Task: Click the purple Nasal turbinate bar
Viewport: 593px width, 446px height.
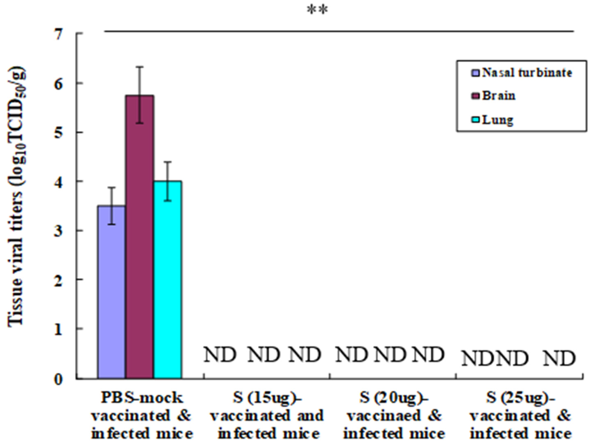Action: (111, 292)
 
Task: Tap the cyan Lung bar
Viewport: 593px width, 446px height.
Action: (168, 280)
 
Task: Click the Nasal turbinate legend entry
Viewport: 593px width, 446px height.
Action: (521, 73)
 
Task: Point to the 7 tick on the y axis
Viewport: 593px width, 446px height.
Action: (59, 34)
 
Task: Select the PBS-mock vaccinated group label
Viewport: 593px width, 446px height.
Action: (142, 416)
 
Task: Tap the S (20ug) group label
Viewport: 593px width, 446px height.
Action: (394, 416)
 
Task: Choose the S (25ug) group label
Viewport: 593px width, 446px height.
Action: (520, 416)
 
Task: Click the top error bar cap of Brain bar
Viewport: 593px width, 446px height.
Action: (140, 67)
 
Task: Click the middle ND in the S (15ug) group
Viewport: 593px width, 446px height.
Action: (264, 355)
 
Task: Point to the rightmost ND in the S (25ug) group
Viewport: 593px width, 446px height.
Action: (559, 359)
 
